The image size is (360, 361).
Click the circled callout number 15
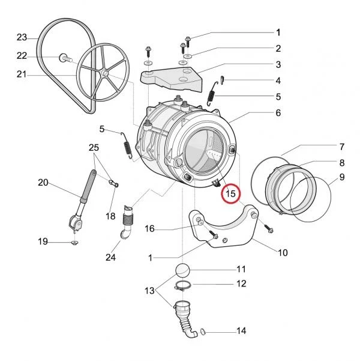click(231, 193)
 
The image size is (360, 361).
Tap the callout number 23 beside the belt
click(22, 37)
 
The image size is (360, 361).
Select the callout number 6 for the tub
click(278, 112)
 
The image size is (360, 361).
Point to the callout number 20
click(43, 183)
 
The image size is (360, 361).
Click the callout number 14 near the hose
click(241, 331)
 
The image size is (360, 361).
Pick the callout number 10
click(283, 252)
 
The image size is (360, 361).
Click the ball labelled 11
click(183, 269)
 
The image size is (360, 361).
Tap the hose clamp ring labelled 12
click(183, 286)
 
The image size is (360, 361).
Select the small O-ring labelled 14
click(202, 332)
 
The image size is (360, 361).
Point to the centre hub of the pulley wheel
click(104, 73)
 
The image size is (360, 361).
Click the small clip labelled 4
click(222, 80)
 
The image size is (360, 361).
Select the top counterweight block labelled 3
click(172, 79)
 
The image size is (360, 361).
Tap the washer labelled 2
click(188, 56)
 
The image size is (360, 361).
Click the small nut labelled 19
click(74, 243)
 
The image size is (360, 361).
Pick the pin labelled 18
click(113, 183)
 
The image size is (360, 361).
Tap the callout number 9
click(342, 177)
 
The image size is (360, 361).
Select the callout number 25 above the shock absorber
click(94, 148)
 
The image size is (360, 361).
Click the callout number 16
click(149, 229)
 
